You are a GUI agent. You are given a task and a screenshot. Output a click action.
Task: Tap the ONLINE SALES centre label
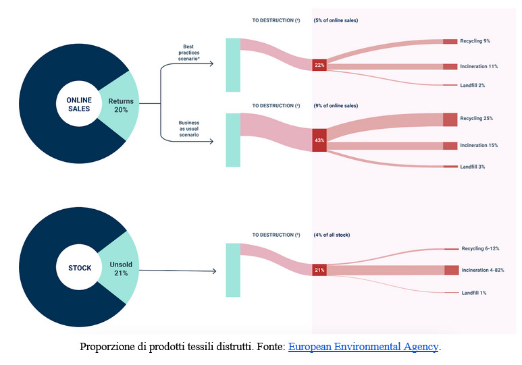click(x=79, y=105)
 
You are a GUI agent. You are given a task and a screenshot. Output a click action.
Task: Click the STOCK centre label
click(x=79, y=268)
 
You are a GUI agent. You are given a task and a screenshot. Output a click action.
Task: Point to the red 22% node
click(x=319, y=65)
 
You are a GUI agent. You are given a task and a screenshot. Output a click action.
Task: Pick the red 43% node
click(x=319, y=140)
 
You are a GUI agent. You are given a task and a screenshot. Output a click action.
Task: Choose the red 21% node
click(x=319, y=270)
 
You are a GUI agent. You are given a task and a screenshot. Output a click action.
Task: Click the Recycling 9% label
click(x=475, y=41)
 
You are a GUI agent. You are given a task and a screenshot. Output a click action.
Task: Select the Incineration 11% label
click(x=479, y=66)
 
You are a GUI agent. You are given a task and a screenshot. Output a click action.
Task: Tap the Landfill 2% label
click(x=473, y=85)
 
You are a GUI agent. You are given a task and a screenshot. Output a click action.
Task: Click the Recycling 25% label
click(x=476, y=118)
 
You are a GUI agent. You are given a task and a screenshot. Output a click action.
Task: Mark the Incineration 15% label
click(x=479, y=145)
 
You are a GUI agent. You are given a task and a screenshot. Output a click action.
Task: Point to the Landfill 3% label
click(x=473, y=166)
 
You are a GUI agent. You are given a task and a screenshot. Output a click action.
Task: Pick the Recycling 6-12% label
click(x=480, y=248)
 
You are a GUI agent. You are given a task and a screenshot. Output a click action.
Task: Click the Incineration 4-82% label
click(x=482, y=270)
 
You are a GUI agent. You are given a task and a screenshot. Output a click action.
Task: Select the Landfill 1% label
click(x=474, y=293)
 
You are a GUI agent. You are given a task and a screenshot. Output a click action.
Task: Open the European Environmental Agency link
click(x=363, y=347)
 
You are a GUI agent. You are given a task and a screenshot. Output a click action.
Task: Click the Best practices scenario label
click(x=188, y=53)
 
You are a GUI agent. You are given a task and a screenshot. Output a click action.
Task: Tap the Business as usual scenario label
click(x=188, y=130)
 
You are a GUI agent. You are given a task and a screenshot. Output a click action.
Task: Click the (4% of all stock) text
click(x=332, y=235)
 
